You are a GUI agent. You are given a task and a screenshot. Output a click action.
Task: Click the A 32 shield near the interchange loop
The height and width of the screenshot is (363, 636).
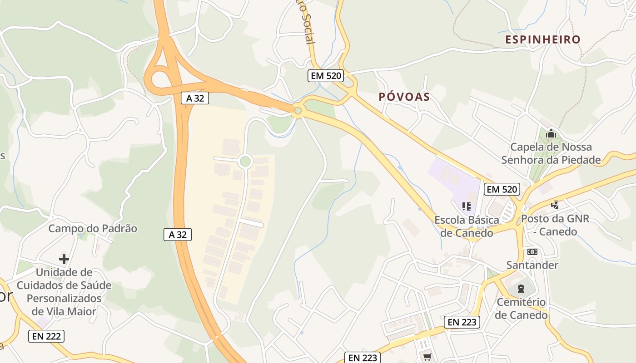coord(195,98)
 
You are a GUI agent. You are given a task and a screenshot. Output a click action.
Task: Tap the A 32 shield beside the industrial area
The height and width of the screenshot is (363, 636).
coord(178,235)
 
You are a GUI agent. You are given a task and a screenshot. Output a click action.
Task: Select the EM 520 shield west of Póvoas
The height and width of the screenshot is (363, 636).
coord(325,76)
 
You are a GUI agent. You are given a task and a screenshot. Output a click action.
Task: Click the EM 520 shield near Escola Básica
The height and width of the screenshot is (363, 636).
coord(502,189)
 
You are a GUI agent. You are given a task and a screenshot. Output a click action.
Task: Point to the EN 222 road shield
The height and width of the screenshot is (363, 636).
coord(46,336)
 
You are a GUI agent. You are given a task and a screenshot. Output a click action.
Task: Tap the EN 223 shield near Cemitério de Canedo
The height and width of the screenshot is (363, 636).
coord(462,322)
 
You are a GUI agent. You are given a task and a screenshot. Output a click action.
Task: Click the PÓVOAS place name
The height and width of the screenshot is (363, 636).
coord(404,97)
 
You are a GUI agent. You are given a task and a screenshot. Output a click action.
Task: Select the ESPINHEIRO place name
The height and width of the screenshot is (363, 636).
coord(543,39)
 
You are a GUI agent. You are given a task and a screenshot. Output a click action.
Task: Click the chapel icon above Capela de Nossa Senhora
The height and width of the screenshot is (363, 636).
coord(551,133)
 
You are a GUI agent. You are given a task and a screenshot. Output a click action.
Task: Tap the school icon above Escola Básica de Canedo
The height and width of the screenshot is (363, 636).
coord(466,207)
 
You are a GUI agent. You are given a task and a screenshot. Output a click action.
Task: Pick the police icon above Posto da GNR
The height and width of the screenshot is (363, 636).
coord(555,205)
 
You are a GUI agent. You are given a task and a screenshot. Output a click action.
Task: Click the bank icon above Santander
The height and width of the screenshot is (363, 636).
coord(532,252)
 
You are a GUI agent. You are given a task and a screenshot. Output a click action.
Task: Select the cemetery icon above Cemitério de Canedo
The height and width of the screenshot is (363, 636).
coord(521,289)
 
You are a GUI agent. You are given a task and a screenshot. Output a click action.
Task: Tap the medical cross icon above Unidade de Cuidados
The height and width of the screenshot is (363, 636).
coord(64,259)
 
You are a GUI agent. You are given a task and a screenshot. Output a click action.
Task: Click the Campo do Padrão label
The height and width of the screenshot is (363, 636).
coord(93,228)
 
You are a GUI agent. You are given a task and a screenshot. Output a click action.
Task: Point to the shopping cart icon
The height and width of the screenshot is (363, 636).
coord(427,357)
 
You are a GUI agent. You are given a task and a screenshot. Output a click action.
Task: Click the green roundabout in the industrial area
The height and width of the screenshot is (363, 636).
coord(245,161)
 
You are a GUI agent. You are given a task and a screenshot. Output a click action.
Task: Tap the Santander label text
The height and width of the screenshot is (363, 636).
coord(532,265)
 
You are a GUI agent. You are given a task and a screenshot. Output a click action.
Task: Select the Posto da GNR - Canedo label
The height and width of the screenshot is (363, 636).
coord(555,225)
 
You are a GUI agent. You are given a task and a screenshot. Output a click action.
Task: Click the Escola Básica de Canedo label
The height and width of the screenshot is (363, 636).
coord(467,226)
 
